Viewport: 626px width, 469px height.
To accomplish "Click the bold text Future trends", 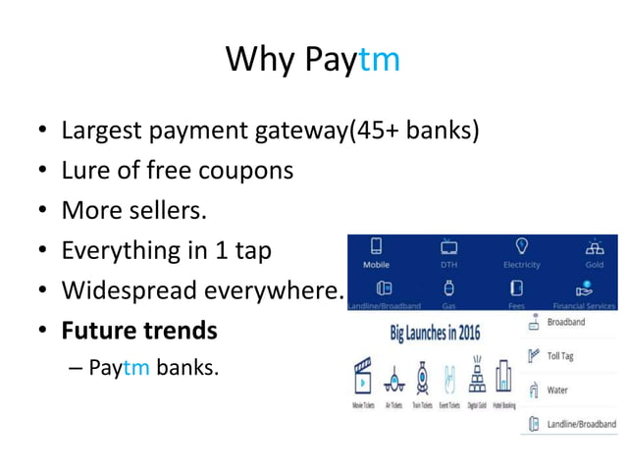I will coord(139,331).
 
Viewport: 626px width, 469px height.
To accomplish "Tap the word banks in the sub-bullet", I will coord(189,369).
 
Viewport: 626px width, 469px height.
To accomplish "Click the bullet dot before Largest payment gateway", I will coord(40,130).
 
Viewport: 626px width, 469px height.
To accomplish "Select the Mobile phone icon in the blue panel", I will coord(376,246).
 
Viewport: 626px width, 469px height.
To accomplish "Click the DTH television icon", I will coord(447,246).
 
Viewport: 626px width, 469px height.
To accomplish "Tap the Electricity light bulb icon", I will coord(522,246).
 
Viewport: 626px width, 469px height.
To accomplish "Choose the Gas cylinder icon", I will coord(447,289).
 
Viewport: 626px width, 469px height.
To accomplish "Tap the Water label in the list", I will coord(557,390).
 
